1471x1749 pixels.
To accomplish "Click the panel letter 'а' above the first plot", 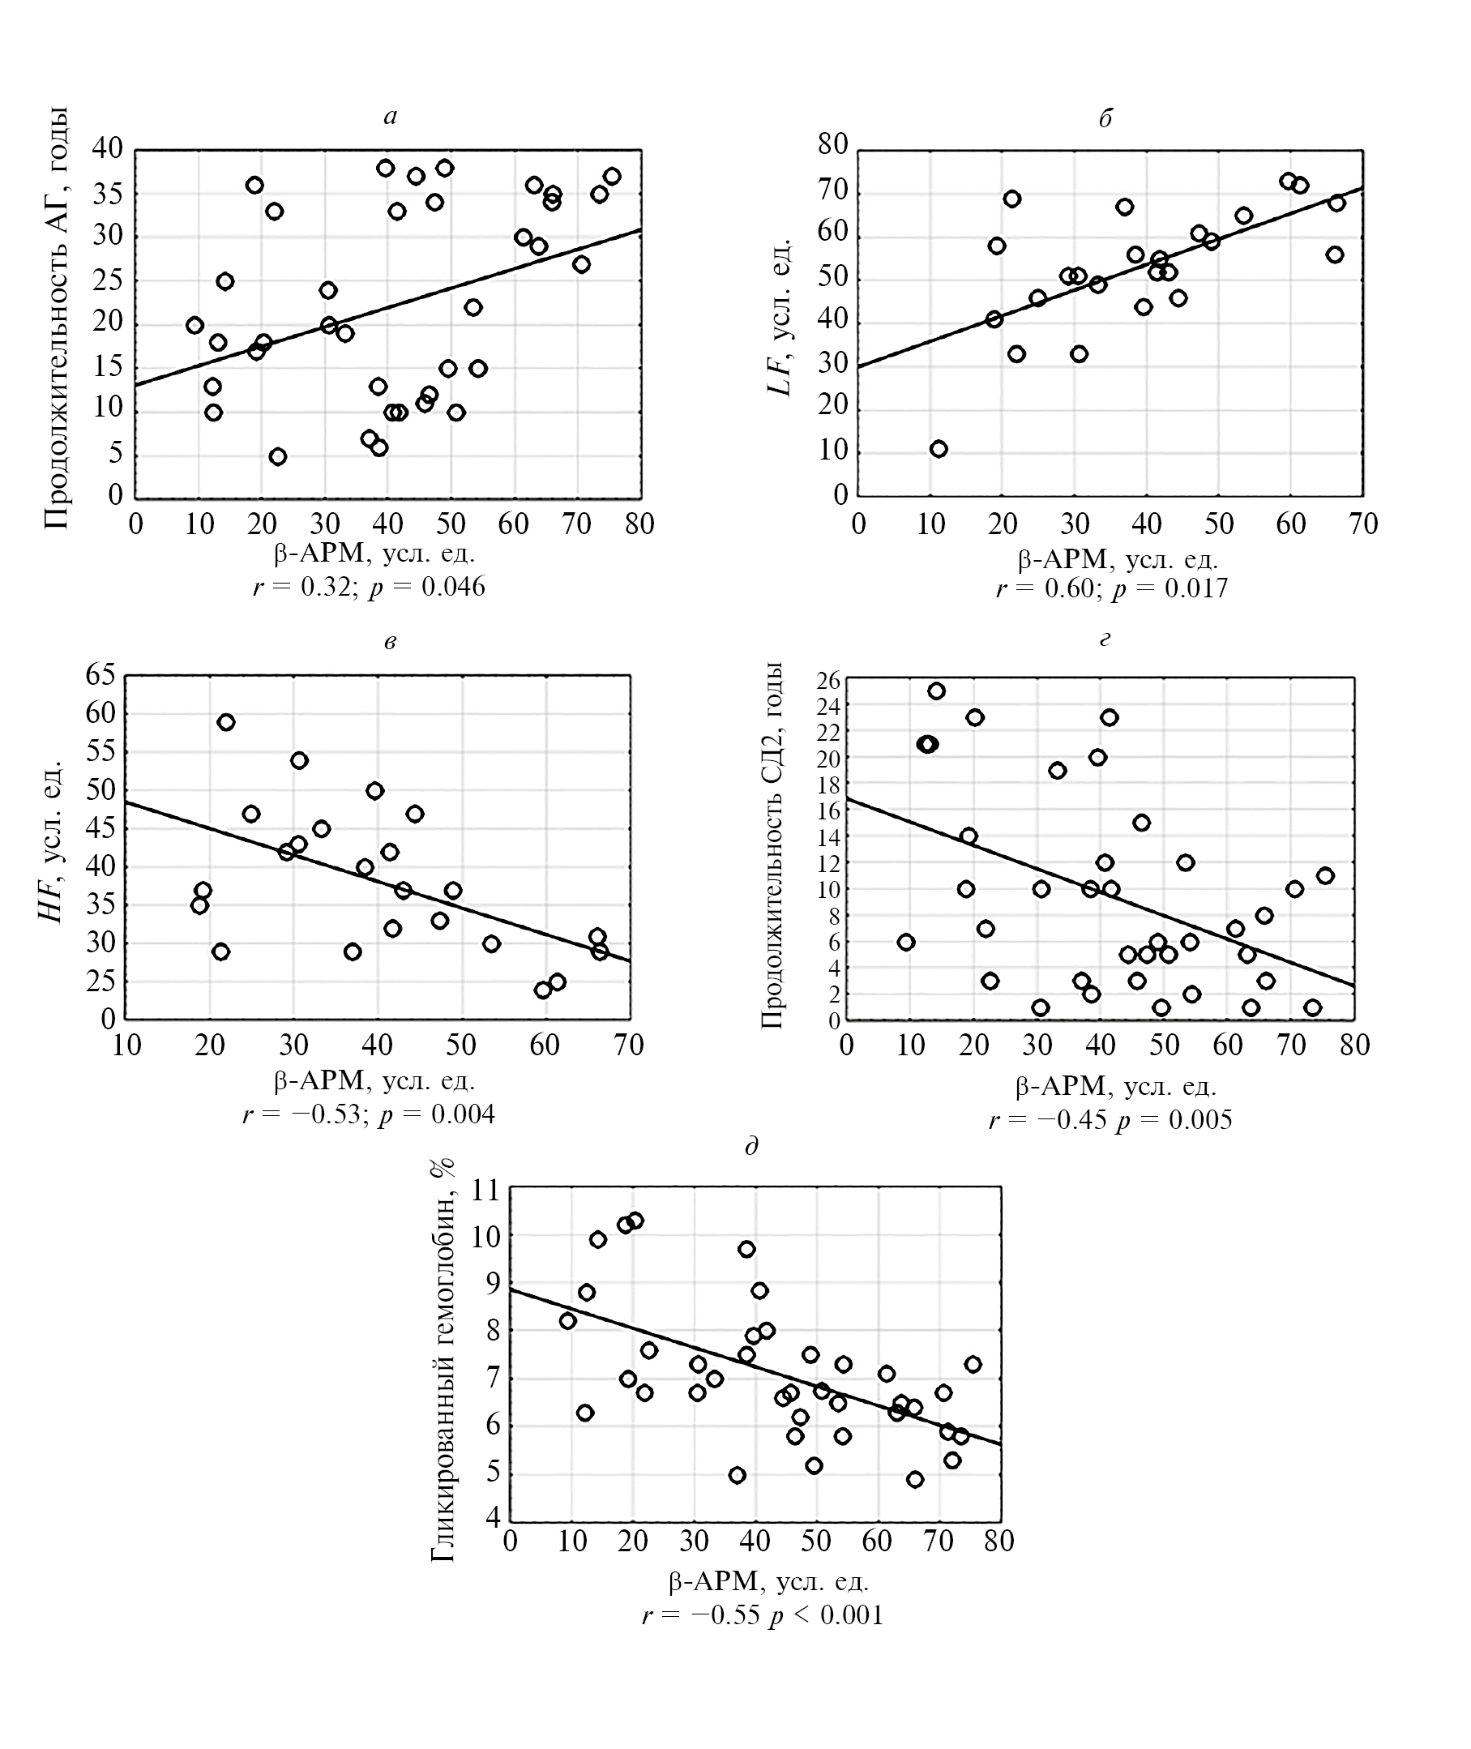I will (391, 118).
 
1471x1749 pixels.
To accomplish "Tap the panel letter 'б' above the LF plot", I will (1105, 118).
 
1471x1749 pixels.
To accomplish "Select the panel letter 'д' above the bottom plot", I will (751, 1147).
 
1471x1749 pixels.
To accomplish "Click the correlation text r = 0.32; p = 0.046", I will (369, 587).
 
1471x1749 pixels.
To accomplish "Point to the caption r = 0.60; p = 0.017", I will (1112, 589).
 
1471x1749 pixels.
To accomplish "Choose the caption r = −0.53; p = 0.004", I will (369, 1114).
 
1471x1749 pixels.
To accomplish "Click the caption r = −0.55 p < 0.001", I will (762, 1615).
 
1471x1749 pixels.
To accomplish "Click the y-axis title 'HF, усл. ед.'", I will (52, 840).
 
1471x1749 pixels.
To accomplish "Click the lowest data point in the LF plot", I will (939, 450).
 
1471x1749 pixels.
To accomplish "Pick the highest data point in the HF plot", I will (226, 722).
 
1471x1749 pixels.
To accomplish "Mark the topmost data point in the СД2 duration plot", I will (936, 691).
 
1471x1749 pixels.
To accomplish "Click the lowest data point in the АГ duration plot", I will (278, 456).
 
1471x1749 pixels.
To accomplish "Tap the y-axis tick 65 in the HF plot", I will (100, 675).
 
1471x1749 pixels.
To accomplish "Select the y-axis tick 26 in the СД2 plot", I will (828, 681).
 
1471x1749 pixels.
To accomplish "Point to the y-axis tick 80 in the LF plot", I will (832, 145).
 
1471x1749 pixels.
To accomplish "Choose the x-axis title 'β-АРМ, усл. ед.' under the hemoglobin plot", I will (768, 1581).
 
